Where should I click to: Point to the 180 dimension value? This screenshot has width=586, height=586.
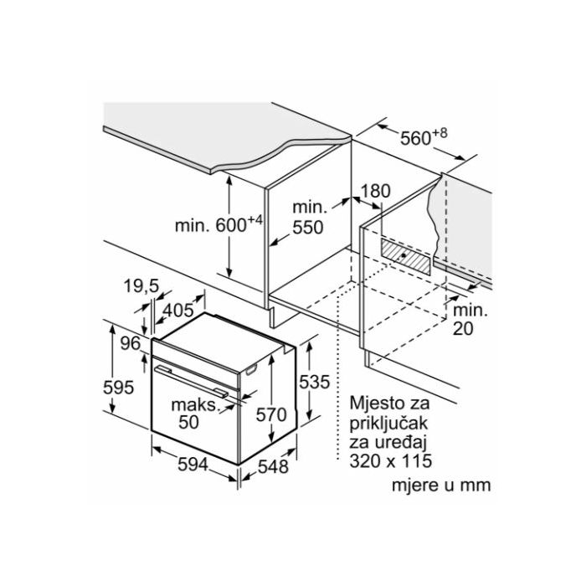[x=376, y=191]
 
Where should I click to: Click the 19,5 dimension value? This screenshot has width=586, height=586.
[x=141, y=286]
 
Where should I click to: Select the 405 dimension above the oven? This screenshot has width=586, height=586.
[x=177, y=311]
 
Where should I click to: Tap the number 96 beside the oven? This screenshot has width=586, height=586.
[x=130, y=342]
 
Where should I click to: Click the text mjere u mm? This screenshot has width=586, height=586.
[x=440, y=486]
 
